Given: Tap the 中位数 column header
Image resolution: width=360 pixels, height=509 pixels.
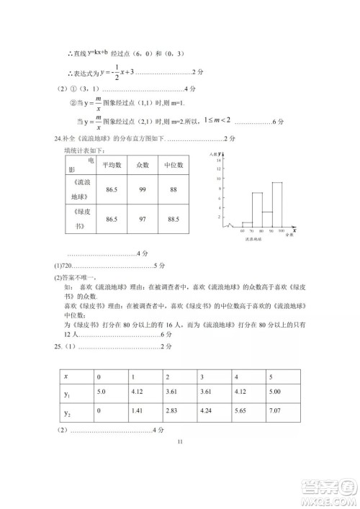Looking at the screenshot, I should (x=171, y=165).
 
